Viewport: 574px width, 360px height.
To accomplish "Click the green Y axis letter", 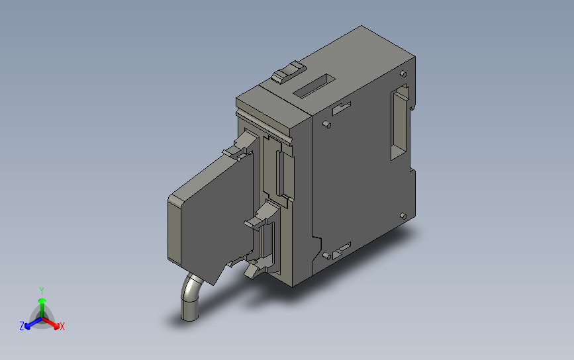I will pyautogui.click(x=42, y=291).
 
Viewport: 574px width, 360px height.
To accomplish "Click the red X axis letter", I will pyautogui.click(x=62, y=326).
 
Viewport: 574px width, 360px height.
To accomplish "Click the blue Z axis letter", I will pyautogui.click(x=22, y=326).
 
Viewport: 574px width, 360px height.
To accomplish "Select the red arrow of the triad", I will pyautogui.click(x=54, y=324).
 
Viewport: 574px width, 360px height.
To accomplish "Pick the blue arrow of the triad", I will pyautogui.click(x=29, y=324).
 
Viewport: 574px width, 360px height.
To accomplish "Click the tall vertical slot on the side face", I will pyautogui.click(x=399, y=123).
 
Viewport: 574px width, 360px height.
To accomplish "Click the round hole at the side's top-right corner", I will pyautogui.click(x=403, y=72).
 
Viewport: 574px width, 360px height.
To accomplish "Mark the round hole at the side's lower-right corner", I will pyautogui.click(x=404, y=215).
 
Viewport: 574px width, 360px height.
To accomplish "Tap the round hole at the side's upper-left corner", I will pyautogui.click(x=326, y=124).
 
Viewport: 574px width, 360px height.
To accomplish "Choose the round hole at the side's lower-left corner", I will pyautogui.click(x=326, y=255).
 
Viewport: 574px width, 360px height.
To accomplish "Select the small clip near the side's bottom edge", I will pyautogui.click(x=342, y=250).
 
